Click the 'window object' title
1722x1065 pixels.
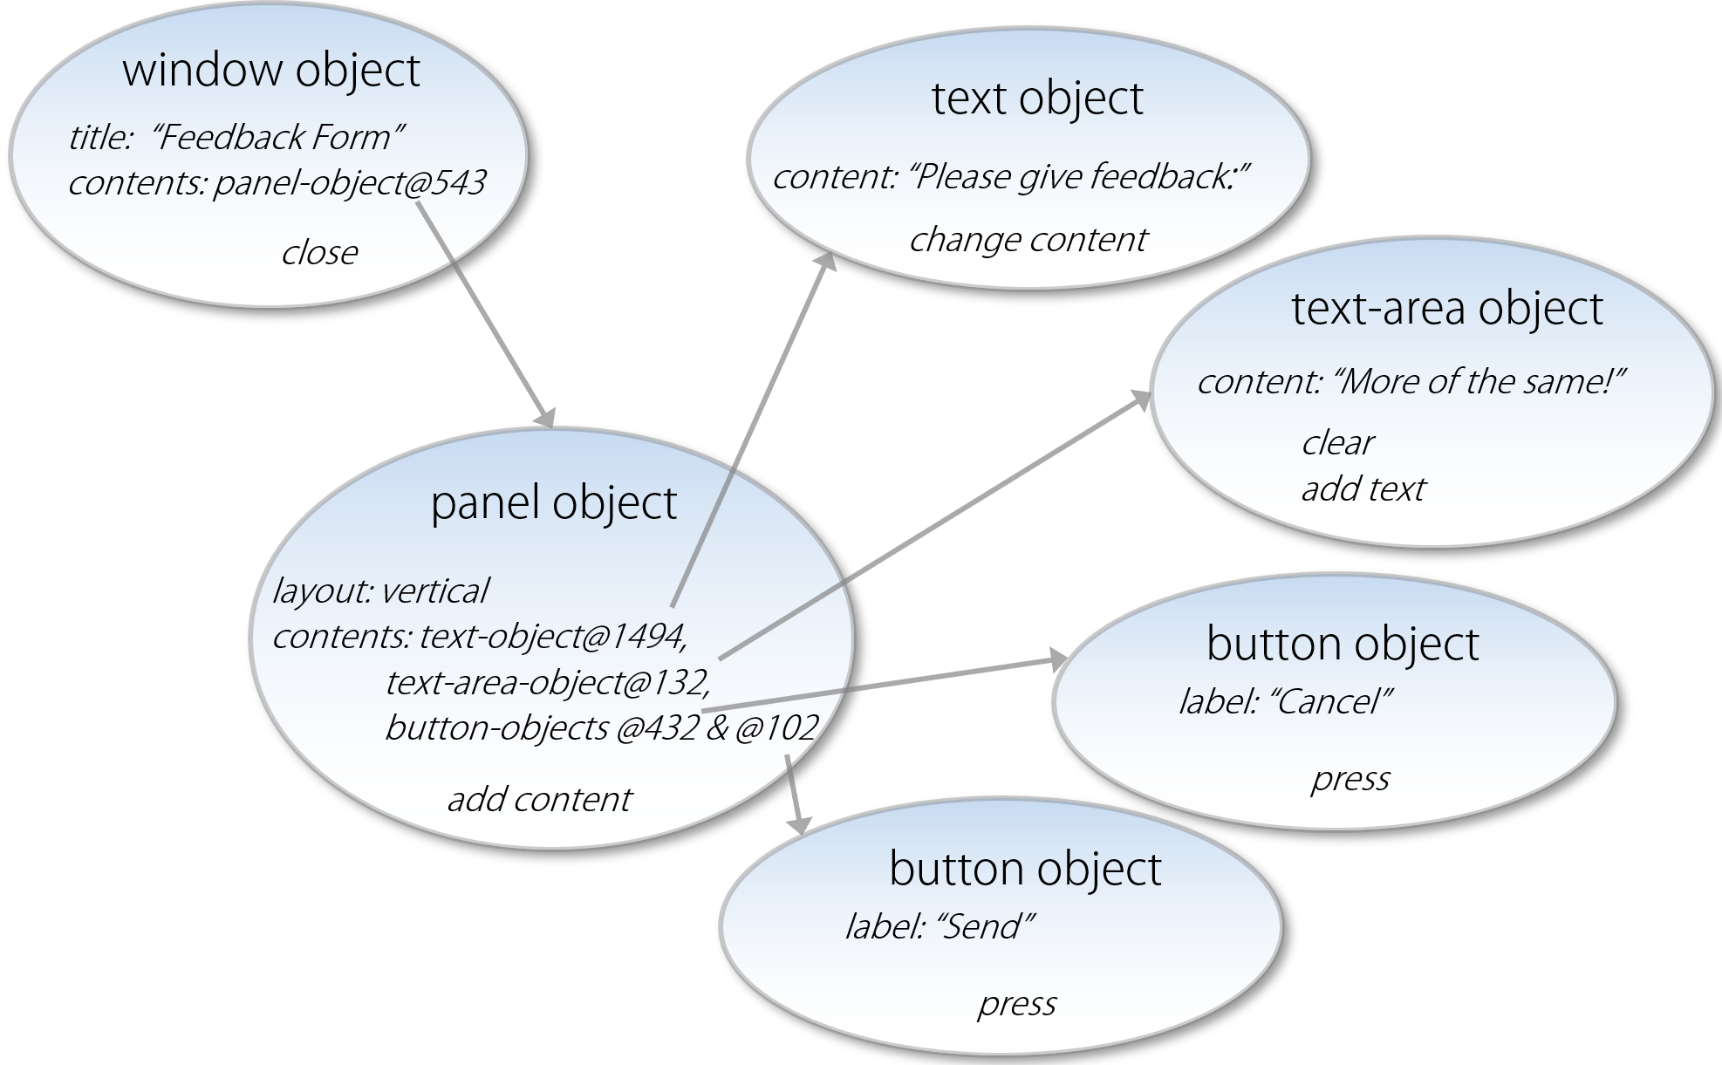point(271,71)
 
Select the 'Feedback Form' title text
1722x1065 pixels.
point(277,137)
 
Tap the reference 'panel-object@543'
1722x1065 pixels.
point(350,183)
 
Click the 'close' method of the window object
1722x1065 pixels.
point(319,253)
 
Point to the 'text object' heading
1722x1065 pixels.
point(1037,98)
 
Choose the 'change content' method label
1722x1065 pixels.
point(1028,240)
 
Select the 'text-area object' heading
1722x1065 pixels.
point(1446,308)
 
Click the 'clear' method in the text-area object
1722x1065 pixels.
point(1337,443)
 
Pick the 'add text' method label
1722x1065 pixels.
point(1363,489)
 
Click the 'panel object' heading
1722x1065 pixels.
point(554,503)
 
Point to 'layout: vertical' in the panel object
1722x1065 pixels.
point(380,591)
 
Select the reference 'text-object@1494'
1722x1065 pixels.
point(553,637)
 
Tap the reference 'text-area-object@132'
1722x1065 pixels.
point(548,682)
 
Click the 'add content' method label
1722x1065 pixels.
point(539,800)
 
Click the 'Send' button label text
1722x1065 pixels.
point(985,926)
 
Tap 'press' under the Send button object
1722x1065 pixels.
point(1016,1004)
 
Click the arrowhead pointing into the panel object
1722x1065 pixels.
point(546,418)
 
